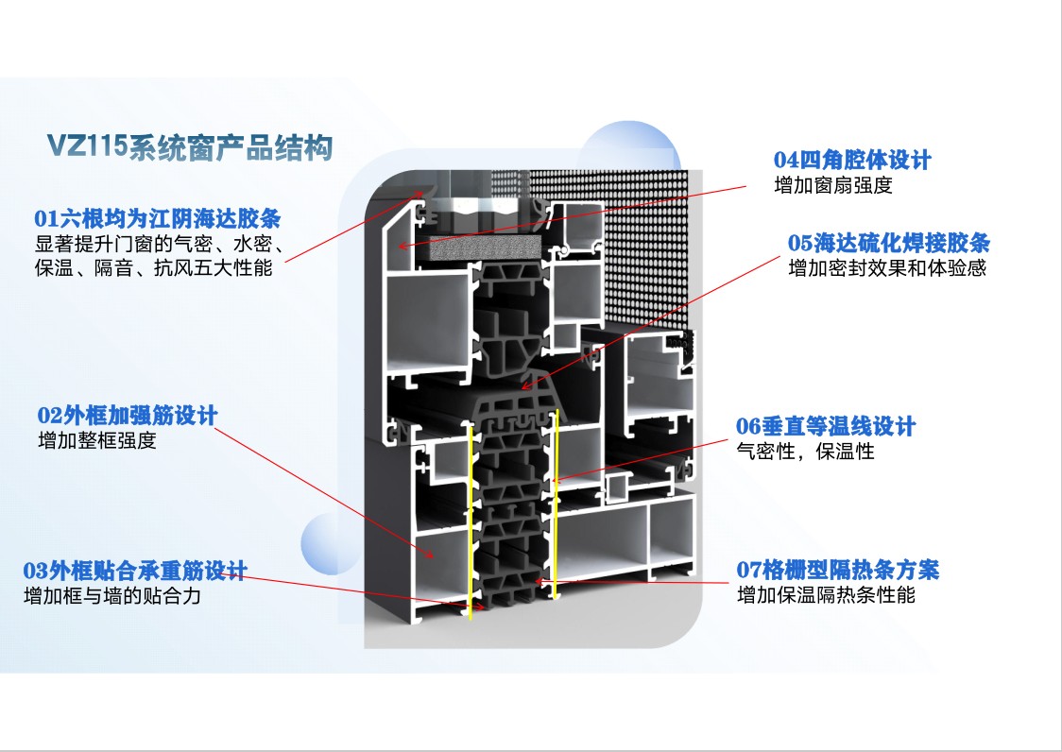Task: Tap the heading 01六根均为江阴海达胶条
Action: [x=157, y=219]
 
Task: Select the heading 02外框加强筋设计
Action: [x=128, y=416]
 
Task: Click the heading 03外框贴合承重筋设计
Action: [x=135, y=572]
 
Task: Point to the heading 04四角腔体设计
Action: [x=852, y=160]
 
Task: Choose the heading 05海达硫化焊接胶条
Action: [x=888, y=243]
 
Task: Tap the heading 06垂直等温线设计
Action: [x=826, y=426]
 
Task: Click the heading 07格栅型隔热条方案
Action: [x=838, y=570]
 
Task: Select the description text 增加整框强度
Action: [x=97, y=441]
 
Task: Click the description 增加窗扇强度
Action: [x=833, y=185]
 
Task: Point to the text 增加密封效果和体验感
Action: [x=887, y=268]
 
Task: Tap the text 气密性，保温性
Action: [x=805, y=452]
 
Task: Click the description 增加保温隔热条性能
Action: [x=827, y=595]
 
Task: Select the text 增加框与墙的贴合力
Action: [x=112, y=596]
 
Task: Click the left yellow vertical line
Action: [x=470, y=522]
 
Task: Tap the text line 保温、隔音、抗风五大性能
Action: [x=154, y=268]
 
